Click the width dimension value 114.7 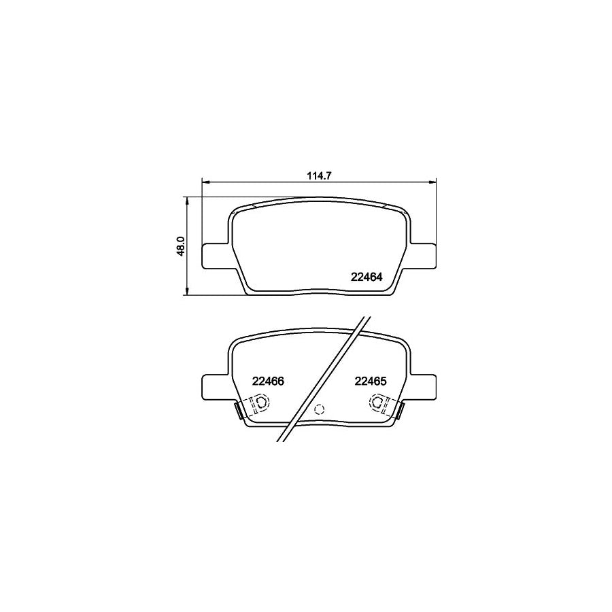[x=318, y=175]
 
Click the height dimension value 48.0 [x=181, y=246]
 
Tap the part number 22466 [x=267, y=382]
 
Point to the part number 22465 [x=371, y=382]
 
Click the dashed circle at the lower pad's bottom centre [x=322, y=409]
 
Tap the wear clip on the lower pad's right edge [x=400, y=411]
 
